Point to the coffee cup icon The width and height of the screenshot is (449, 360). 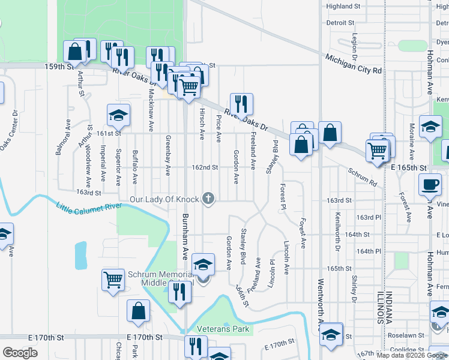(429, 184)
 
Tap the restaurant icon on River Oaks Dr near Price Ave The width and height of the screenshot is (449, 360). (241, 104)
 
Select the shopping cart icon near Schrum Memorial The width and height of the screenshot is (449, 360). (113, 280)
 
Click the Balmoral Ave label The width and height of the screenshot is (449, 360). (59, 141)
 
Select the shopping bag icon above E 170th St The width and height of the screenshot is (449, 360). (138, 311)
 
